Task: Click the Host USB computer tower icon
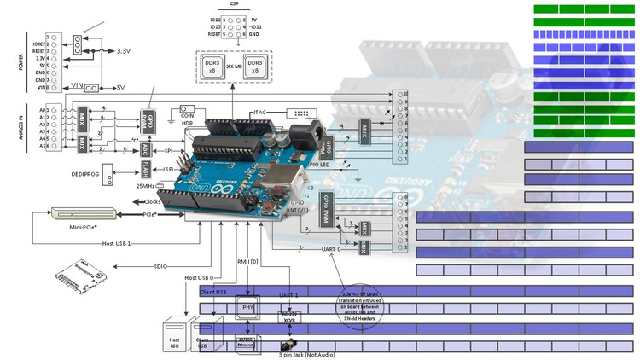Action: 173,335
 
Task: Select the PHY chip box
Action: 248,306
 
